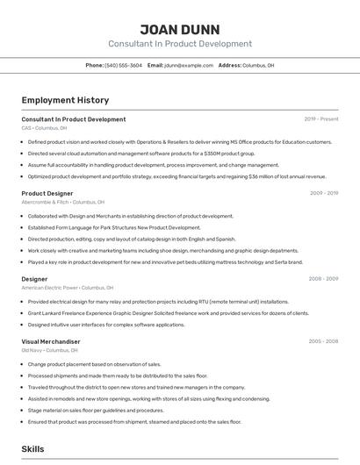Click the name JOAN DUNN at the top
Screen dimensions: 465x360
(180, 29)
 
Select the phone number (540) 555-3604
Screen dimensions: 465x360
(123, 65)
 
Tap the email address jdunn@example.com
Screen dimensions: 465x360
(189, 65)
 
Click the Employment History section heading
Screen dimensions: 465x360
(65, 100)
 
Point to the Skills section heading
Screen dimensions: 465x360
(33, 449)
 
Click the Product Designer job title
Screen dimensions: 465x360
(47, 193)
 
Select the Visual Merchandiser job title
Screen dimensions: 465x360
(51, 341)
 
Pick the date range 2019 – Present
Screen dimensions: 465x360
(321, 119)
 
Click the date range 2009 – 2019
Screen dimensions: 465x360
(324, 193)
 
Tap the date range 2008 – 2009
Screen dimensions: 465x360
(324, 279)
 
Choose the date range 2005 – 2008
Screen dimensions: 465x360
(324, 341)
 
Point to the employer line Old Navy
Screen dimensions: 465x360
(50, 350)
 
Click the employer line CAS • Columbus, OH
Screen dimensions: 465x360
(44, 128)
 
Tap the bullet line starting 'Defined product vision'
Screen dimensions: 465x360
(180, 142)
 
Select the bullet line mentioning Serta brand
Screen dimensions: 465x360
(165, 261)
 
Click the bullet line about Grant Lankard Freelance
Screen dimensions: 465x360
(169, 313)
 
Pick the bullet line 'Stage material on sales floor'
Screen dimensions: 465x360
(96, 410)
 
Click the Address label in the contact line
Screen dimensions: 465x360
(229, 65)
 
